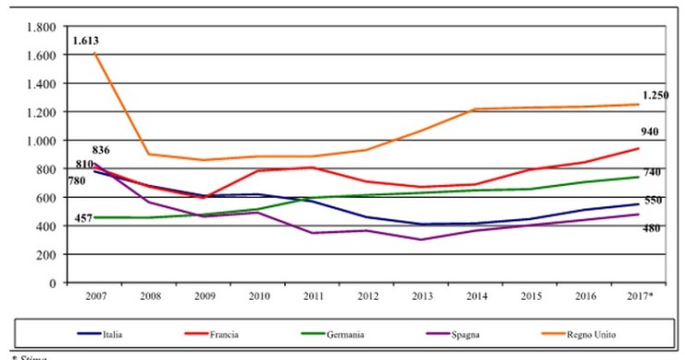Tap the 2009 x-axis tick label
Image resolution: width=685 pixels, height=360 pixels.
point(205,295)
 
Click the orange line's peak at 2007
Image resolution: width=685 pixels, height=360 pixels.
point(94,54)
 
